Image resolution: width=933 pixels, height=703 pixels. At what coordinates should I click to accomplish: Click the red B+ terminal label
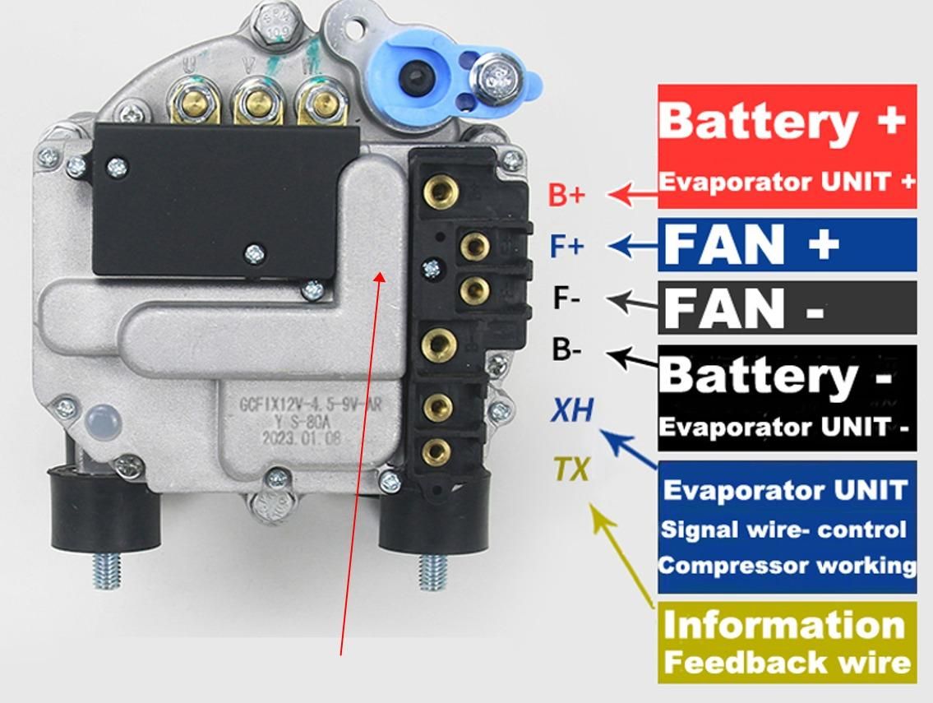566,195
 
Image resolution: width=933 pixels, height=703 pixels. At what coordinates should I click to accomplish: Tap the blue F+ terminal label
566,246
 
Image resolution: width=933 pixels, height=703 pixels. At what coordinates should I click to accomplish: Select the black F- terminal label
566,298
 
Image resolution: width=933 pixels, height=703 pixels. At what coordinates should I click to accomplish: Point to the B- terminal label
566,350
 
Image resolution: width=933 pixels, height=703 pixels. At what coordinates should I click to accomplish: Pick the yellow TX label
570,469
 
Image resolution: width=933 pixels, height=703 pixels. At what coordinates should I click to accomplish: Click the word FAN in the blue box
724,244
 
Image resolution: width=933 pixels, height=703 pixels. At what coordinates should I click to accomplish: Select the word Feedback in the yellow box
737,662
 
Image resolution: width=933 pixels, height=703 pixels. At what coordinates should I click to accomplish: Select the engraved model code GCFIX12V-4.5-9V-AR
310,405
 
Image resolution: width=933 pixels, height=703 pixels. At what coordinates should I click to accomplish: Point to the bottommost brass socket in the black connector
436,450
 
